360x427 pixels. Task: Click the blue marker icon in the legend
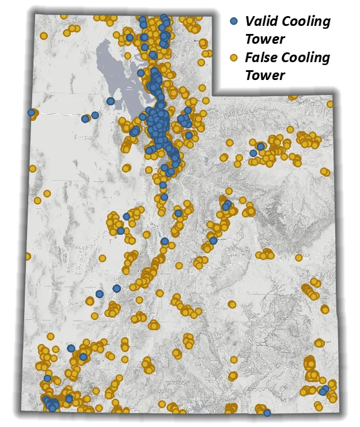(234, 22)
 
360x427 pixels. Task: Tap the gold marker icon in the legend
(234, 58)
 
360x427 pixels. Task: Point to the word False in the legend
(261, 58)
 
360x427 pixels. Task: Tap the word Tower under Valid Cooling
(264, 39)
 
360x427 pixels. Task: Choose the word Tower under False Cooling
(264, 75)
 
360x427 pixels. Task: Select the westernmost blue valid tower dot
(31, 113)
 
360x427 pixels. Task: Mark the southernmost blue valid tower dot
(267, 412)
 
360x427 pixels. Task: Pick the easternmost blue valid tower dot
(325, 390)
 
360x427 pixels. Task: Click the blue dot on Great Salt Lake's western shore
(110, 101)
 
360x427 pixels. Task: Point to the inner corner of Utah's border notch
(215, 94)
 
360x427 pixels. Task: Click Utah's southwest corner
(22, 410)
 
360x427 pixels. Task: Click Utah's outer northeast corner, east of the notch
(333, 96)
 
